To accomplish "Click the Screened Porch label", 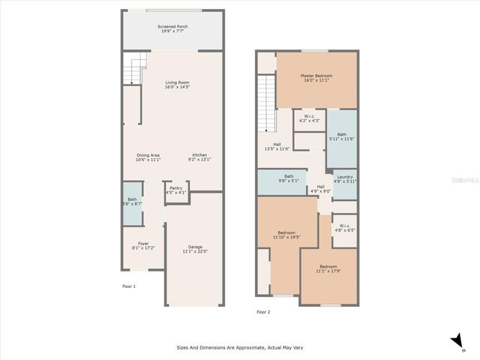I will (x=172, y=30).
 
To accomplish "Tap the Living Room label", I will (x=177, y=85).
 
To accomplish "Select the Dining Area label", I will (x=148, y=157).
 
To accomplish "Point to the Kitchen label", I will (x=199, y=157).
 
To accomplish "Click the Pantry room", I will (x=175, y=190).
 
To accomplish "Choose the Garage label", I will (x=193, y=249).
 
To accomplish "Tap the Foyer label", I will (x=143, y=244).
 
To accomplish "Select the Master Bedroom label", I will (x=316, y=78).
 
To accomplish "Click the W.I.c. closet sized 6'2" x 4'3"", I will (x=309, y=118).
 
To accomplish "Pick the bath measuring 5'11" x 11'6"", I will (x=341, y=136).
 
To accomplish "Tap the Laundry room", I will (x=345, y=179).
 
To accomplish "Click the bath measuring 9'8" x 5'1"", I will (x=289, y=179).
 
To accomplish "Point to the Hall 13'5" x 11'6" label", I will (x=277, y=146).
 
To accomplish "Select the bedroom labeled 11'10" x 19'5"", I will (x=286, y=235).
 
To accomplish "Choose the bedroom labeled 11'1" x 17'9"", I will (x=328, y=268).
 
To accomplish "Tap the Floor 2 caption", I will (x=263, y=312).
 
